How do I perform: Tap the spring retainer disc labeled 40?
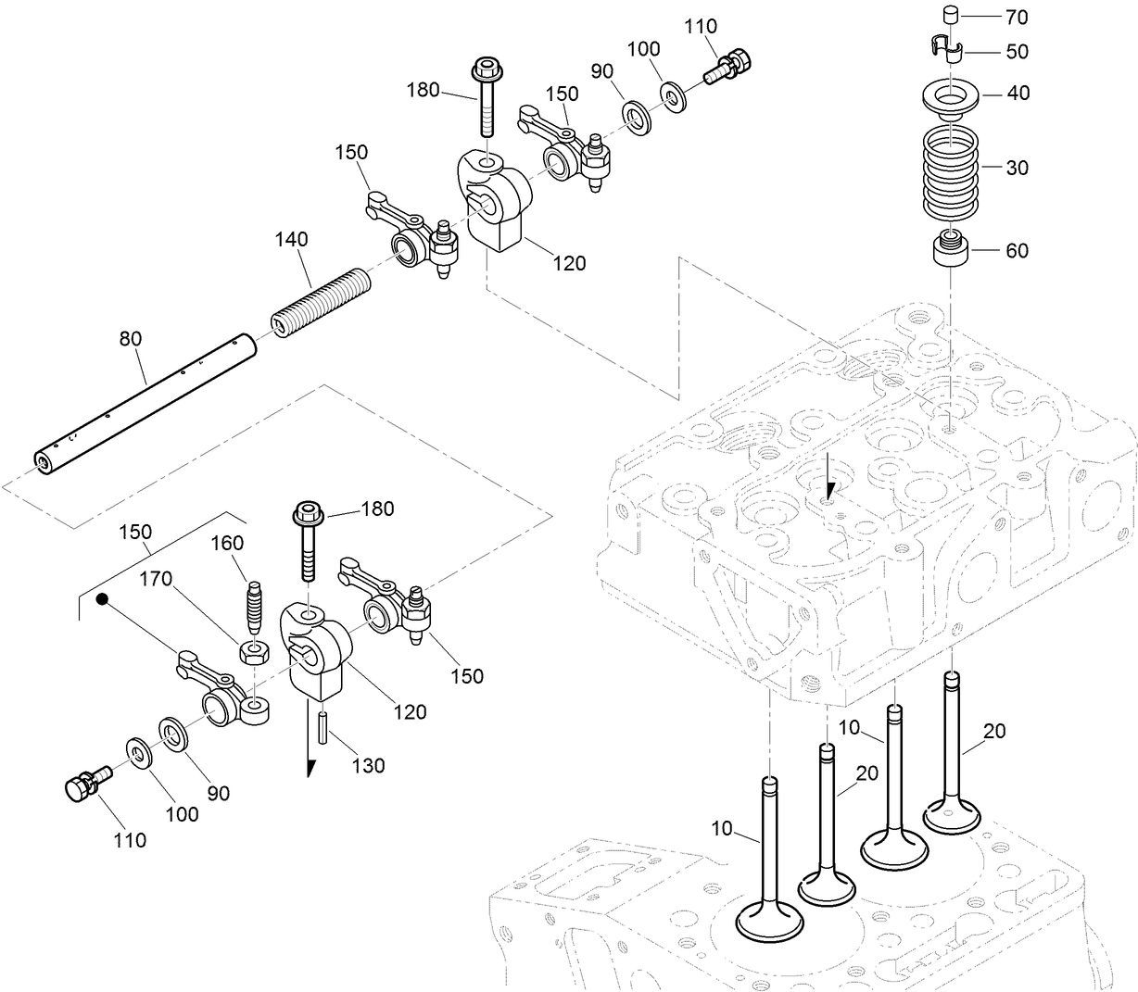[x=952, y=95]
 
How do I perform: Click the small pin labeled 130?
[x=324, y=725]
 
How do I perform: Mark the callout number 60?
[x=1017, y=251]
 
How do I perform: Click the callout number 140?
[x=290, y=240]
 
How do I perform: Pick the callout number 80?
[x=130, y=339]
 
